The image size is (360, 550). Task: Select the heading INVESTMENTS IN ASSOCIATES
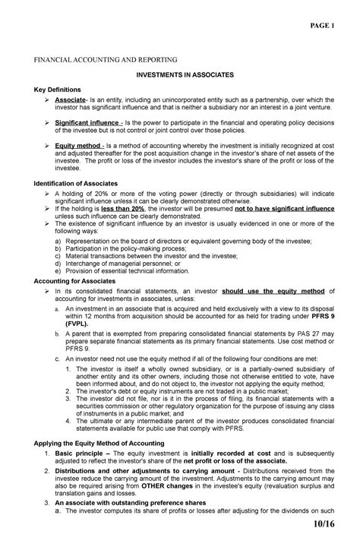coord(180,76)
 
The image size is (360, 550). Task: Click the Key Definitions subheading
coord(56,90)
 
